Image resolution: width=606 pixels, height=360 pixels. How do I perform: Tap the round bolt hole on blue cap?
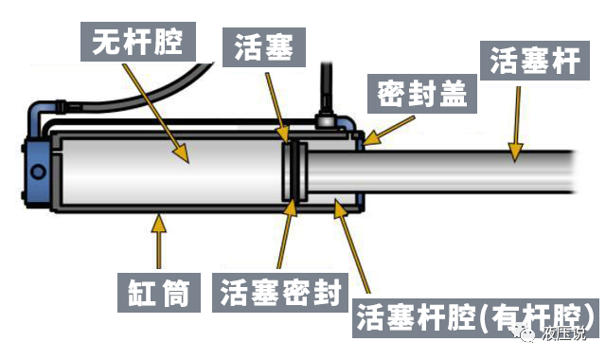tap(39, 171)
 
